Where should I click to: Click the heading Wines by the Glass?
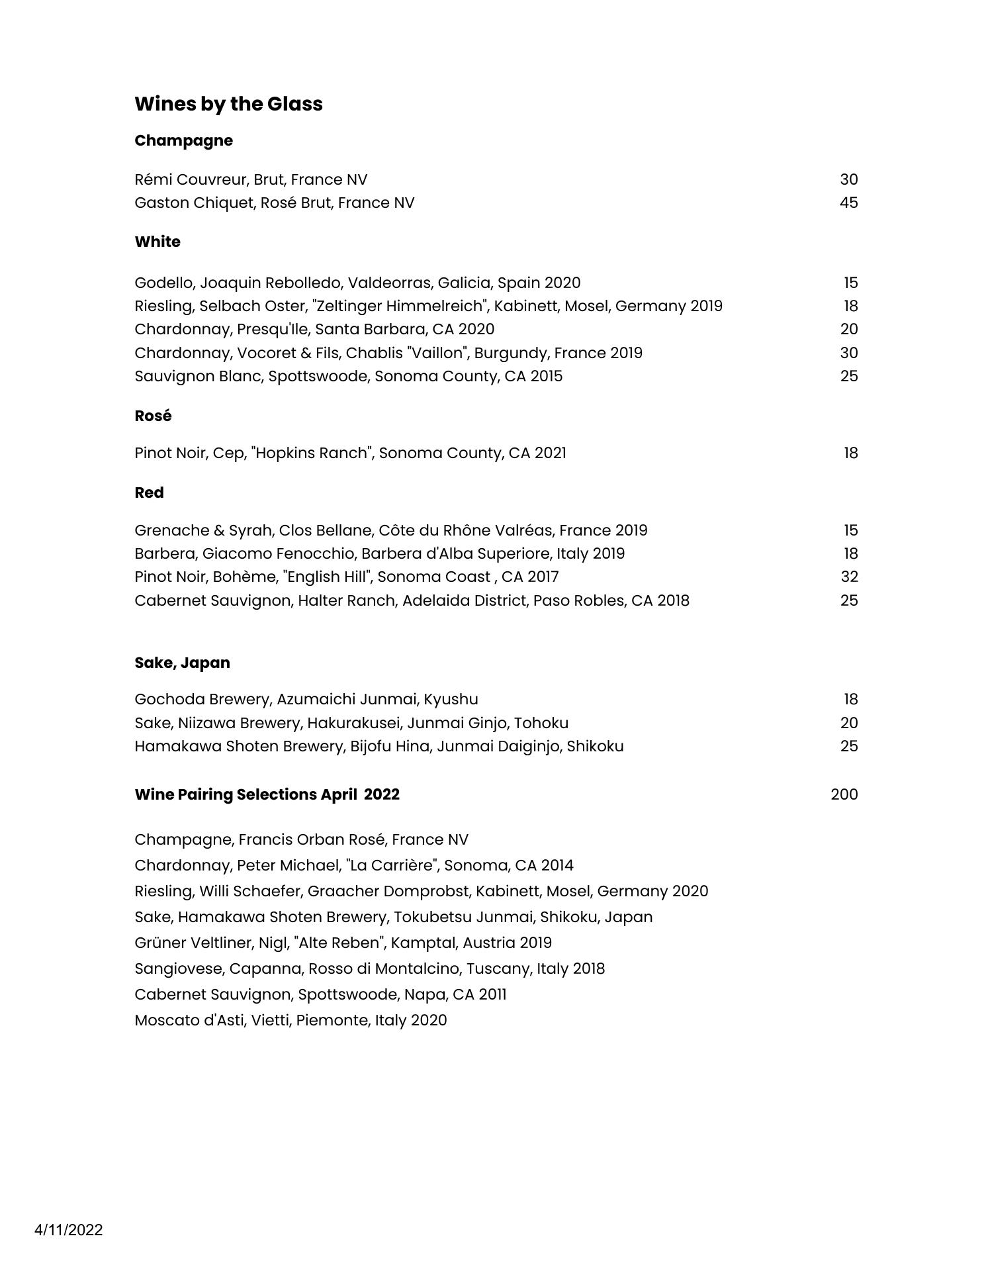tap(228, 104)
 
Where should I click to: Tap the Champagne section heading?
tap(183, 140)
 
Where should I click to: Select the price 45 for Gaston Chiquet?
tap(848, 203)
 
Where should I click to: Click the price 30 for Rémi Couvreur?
tap(848, 179)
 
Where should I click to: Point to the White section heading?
tap(157, 242)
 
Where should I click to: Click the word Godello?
tap(164, 283)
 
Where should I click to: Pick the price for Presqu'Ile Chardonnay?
tap(848, 329)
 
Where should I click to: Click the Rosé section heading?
tap(153, 416)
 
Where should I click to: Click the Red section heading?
tap(149, 493)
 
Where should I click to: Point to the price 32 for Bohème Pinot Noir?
tap(849, 577)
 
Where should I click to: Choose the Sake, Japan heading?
tap(182, 663)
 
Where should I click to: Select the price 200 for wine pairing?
tap(844, 794)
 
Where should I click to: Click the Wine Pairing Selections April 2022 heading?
tap(267, 794)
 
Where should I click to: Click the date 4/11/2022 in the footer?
tap(69, 1230)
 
